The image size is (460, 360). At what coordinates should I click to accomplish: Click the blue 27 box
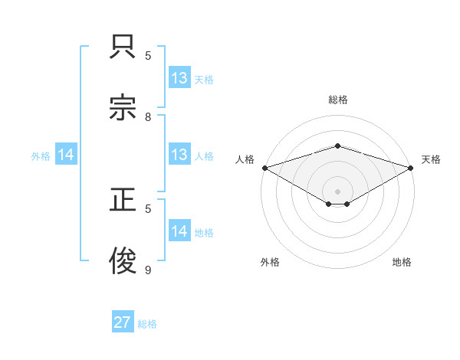(x=123, y=322)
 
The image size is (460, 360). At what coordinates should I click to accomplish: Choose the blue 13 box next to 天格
(x=179, y=78)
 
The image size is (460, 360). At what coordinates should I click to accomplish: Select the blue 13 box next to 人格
(x=179, y=155)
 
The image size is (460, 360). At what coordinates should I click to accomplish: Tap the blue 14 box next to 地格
(x=179, y=231)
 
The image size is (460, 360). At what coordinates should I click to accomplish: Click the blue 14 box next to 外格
(x=66, y=155)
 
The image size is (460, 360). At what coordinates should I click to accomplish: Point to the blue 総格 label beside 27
(x=147, y=324)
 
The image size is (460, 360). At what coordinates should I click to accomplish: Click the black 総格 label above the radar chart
(x=337, y=100)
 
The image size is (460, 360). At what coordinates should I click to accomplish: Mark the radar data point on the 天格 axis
(x=412, y=167)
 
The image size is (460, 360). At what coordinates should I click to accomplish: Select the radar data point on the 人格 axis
(x=264, y=167)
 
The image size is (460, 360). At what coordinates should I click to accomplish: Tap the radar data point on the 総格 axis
(x=337, y=146)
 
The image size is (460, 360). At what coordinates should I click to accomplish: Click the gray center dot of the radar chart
(x=337, y=191)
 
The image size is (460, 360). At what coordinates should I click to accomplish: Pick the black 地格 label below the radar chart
(x=402, y=262)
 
